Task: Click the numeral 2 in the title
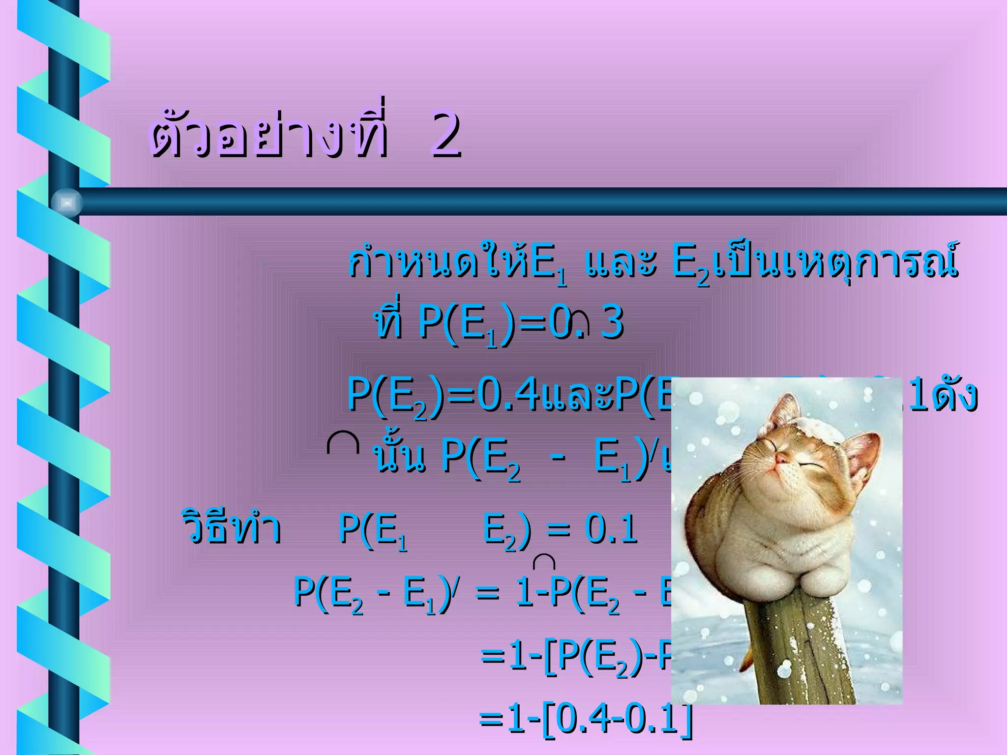tap(446, 134)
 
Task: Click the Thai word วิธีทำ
tap(231, 528)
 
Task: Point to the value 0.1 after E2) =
tap(612, 530)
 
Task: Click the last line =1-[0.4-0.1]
tap(585, 719)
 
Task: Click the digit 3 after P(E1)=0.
tap(613, 323)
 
